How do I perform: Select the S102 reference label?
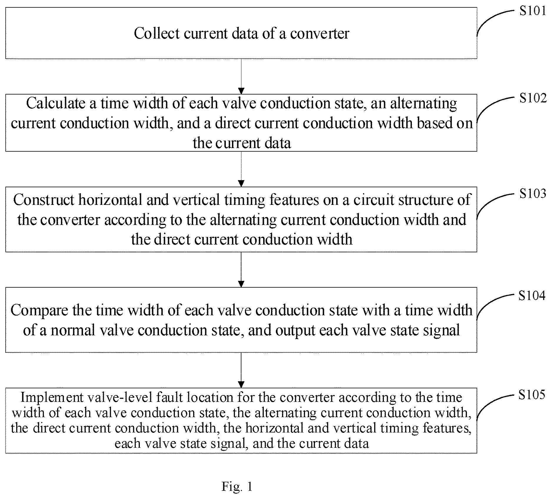pyautogui.click(x=533, y=98)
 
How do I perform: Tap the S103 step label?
pyautogui.click(x=533, y=193)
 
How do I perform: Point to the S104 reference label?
pyautogui.click(x=532, y=295)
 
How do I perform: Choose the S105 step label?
pyautogui.click(x=532, y=395)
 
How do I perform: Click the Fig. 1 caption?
pyautogui.click(x=237, y=486)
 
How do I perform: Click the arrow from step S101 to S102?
pyautogui.click(x=241, y=77)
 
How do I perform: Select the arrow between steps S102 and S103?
pyautogui.click(x=241, y=169)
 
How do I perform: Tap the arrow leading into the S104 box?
pyautogui.click(x=241, y=270)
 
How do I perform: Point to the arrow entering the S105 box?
pyautogui.click(x=241, y=370)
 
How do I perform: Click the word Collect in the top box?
pyautogui.click(x=157, y=33)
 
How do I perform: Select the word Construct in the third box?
pyautogui.click(x=44, y=200)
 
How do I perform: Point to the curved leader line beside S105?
pyautogui.click(x=495, y=406)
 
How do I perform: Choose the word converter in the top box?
pyautogui.click(x=320, y=33)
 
